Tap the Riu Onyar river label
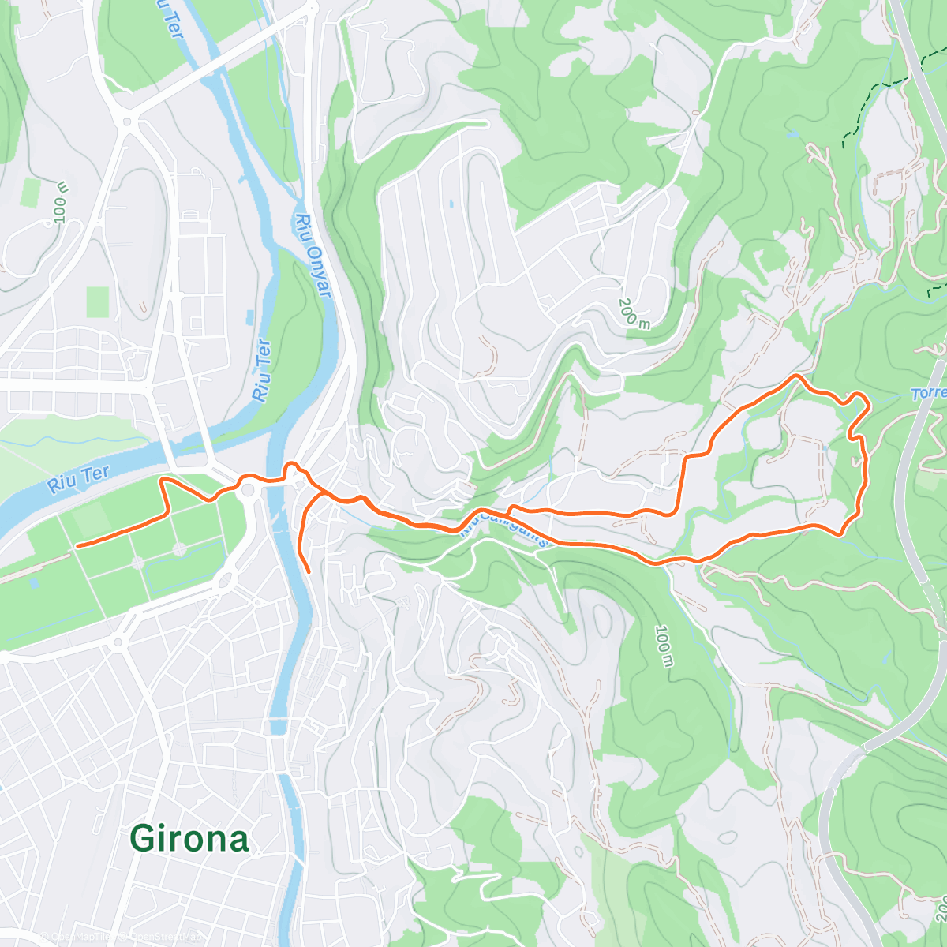click(x=313, y=255)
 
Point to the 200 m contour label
click(x=634, y=313)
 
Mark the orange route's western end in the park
click(x=77, y=545)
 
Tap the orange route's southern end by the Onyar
click(x=308, y=570)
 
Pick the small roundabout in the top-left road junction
click(x=127, y=122)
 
